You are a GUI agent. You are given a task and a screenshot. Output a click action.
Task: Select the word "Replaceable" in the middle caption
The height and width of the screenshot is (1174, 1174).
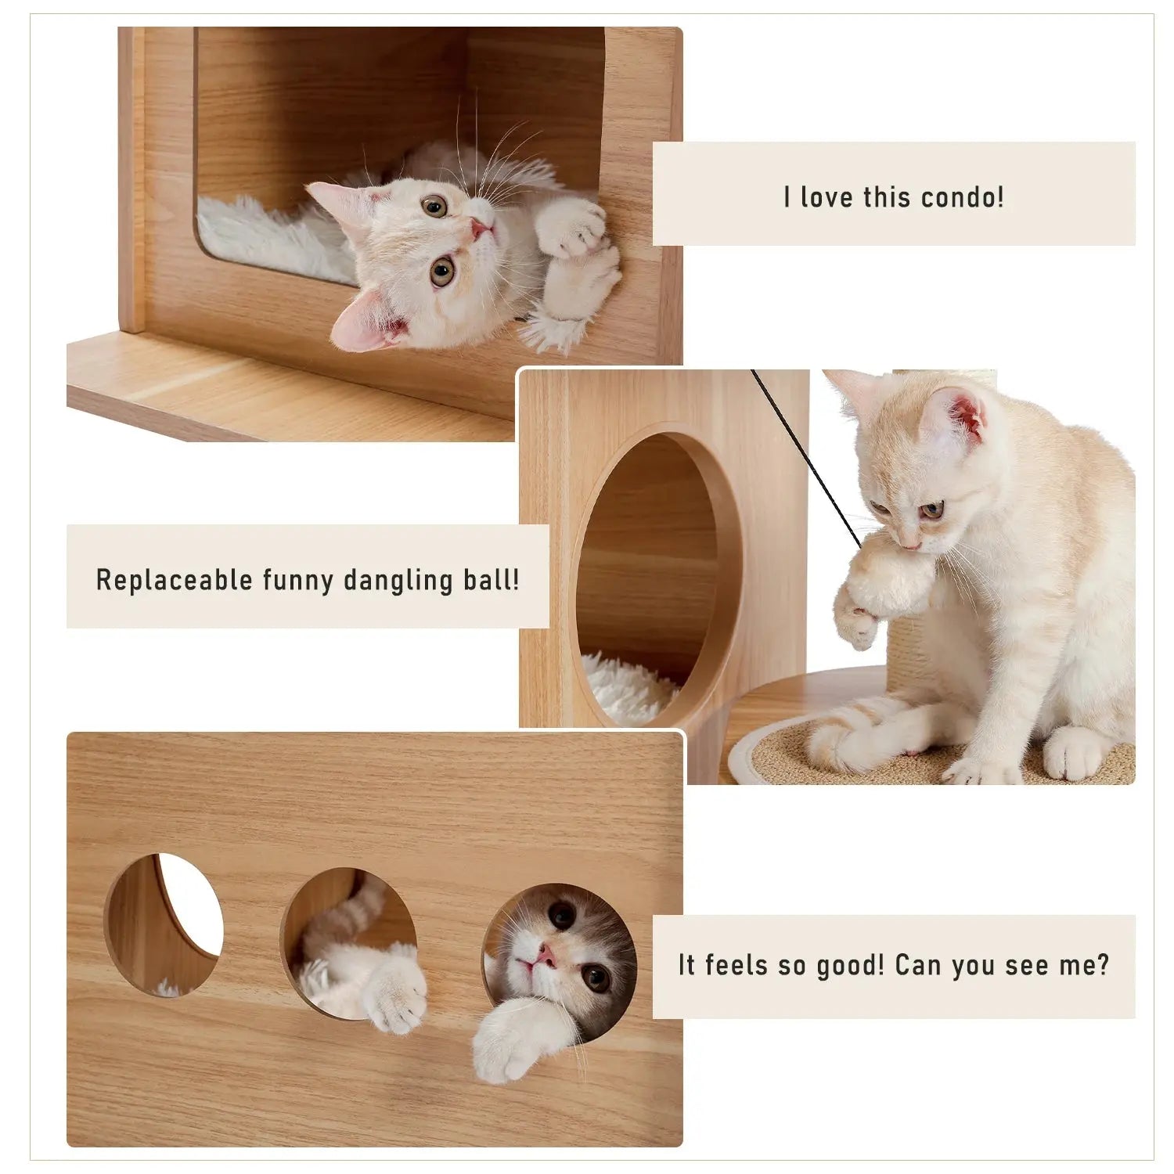(x=174, y=580)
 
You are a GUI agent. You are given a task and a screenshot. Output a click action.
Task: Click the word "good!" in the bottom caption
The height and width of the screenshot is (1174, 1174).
(x=850, y=966)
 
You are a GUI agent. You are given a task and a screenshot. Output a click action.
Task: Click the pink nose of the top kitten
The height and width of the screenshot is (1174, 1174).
(x=479, y=229)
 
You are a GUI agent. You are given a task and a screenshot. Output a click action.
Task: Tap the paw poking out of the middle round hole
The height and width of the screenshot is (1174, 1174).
(x=395, y=994)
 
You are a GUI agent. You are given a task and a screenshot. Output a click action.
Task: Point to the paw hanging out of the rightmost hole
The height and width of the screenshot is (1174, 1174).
(x=509, y=1041)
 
